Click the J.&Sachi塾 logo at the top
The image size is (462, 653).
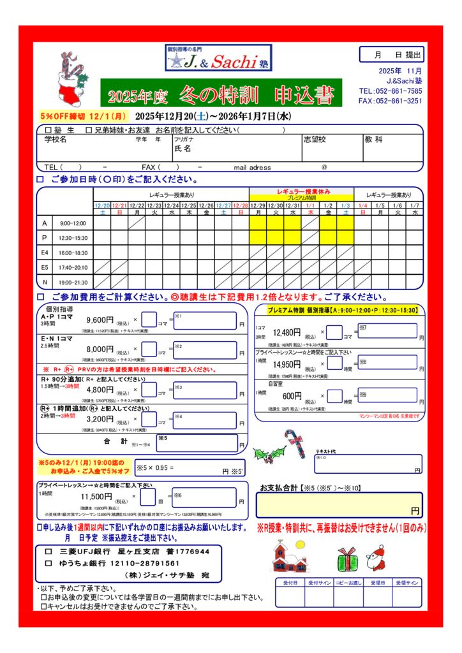pyautogui.click(x=217, y=59)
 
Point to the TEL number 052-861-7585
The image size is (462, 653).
pyautogui.click(x=399, y=91)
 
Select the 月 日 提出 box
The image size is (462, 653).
pyautogui.click(x=392, y=55)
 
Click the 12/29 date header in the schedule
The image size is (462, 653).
pyautogui.click(x=258, y=205)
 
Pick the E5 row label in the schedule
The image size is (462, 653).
pyautogui.click(x=45, y=267)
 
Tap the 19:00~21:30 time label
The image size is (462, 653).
pyautogui.click(x=73, y=282)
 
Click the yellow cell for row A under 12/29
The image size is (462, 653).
pyautogui.click(x=258, y=223)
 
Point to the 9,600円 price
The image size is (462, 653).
pyautogui.click(x=100, y=320)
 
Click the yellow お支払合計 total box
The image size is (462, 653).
pyautogui.click(x=339, y=505)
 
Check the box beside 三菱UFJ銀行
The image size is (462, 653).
pyautogui.click(x=47, y=551)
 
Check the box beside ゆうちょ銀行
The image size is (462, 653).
pyautogui.click(x=47, y=563)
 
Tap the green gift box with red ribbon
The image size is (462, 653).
pyautogui.click(x=348, y=559)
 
